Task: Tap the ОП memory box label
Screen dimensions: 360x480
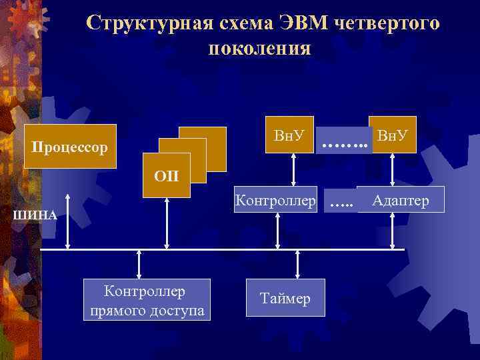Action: click(x=167, y=176)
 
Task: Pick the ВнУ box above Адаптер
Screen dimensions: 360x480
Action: click(x=392, y=136)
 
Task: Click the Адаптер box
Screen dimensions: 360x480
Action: click(x=401, y=200)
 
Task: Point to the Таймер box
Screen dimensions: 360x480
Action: click(x=285, y=299)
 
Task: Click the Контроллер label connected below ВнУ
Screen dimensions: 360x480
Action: click(x=275, y=200)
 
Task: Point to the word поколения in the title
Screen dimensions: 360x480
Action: click(x=259, y=48)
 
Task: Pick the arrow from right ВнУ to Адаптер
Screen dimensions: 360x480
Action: click(x=392, y=171)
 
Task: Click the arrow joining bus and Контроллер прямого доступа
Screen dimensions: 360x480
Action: click(x=139, y=264)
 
